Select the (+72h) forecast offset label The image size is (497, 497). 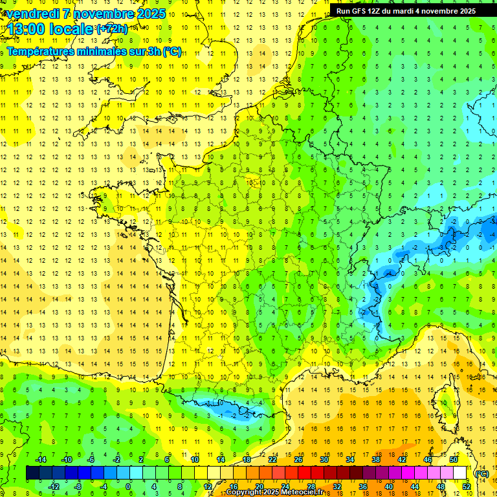tap(112, 29)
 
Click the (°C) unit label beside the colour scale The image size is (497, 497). tap(481, 474)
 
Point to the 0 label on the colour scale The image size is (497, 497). tap(128, 486)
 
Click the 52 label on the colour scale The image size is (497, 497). tap(466, 486)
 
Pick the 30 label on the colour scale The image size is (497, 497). tap(324, 459)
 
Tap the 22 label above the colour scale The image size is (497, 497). tap(272, 459)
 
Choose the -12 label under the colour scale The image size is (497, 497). tap(54, 486)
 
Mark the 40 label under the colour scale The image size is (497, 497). tap(388, 486)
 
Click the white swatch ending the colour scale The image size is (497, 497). tap(460, 473)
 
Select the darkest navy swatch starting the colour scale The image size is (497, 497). tap(32, 473)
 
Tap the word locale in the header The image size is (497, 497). tap(70, 30)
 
